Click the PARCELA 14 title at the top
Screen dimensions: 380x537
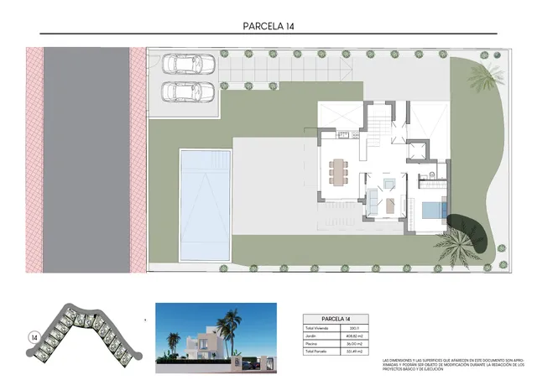(x=268, y=26)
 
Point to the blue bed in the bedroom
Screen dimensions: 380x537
(x=433, y=210)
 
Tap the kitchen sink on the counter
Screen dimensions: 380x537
(x=341, y=135)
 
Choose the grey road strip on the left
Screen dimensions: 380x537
(x=86, y=159)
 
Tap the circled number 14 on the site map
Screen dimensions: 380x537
(x=34, y=337)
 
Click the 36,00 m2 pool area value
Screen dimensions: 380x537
(x=355, y=344)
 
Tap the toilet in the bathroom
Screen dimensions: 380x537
(x=430, y=174)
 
